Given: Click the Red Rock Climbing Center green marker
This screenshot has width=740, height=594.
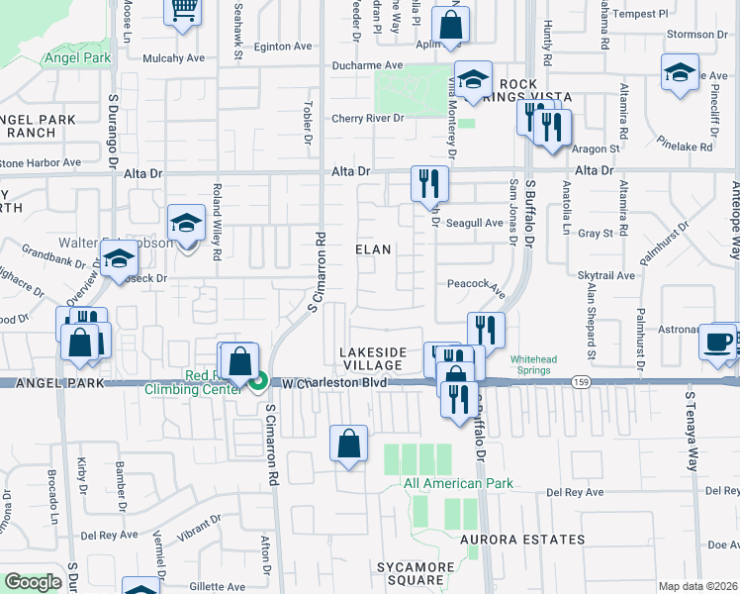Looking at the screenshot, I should click(x=259, y=380).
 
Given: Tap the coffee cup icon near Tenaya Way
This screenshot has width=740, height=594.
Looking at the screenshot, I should click(x=717, y=343).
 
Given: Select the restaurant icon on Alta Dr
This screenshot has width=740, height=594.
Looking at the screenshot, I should click(x=429, y=183).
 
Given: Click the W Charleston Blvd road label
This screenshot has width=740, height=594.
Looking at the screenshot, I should click(x=333, y=382).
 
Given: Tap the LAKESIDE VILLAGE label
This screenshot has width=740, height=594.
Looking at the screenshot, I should click(x=372, y=358).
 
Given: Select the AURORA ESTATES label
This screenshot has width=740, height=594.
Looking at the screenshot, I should click(x=522, y=540).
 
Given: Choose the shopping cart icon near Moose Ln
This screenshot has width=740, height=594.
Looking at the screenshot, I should click(x=182, y=11).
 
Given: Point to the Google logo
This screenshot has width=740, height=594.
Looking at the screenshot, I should click(x=33, y=582).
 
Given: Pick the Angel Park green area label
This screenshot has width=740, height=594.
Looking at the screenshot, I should click(x=76, y=57).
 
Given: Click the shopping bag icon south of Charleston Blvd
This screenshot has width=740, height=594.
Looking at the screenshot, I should click(x=348, y=445).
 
